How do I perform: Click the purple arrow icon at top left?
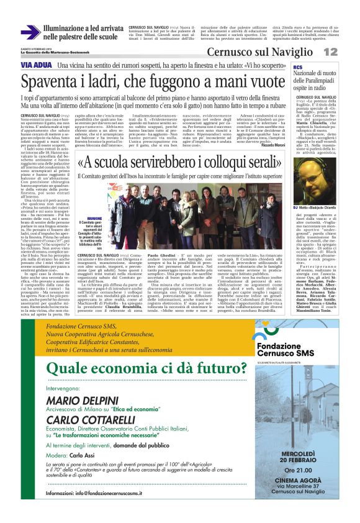tap(30, 32)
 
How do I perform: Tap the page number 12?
tap(348, 52)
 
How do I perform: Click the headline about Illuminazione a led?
tap(83, 33)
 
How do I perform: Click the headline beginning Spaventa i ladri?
tap(155, 81)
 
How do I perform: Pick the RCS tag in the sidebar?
tap(298, 67)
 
